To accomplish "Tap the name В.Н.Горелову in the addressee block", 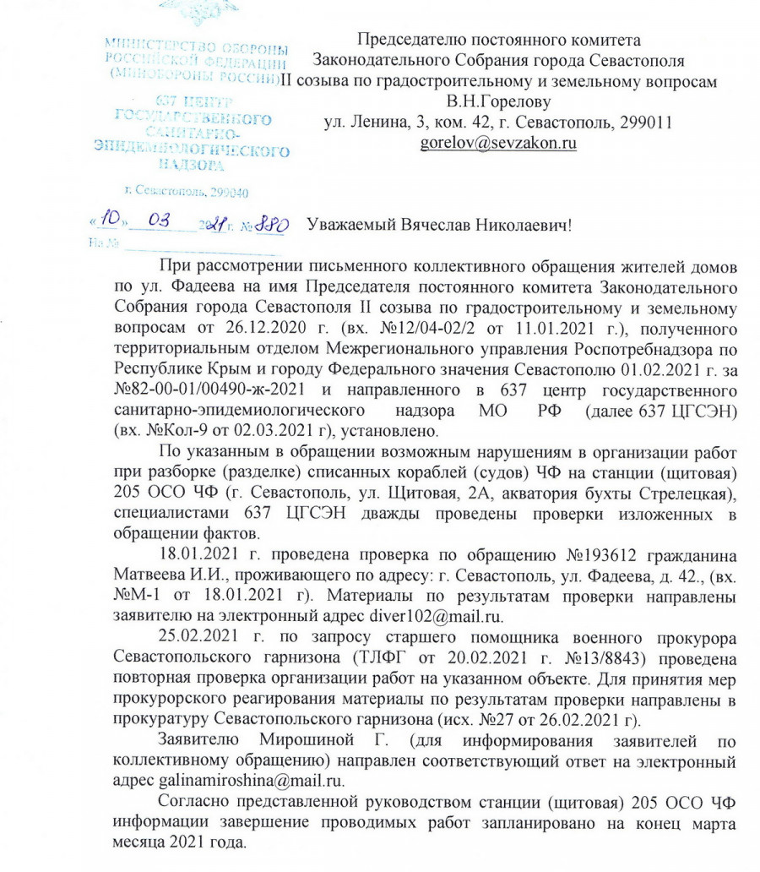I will (x=498, y=102).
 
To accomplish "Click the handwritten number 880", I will (x=272, y=225).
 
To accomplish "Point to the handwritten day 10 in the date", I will (x=110, y=221).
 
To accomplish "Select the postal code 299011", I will (x=643, y=122).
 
